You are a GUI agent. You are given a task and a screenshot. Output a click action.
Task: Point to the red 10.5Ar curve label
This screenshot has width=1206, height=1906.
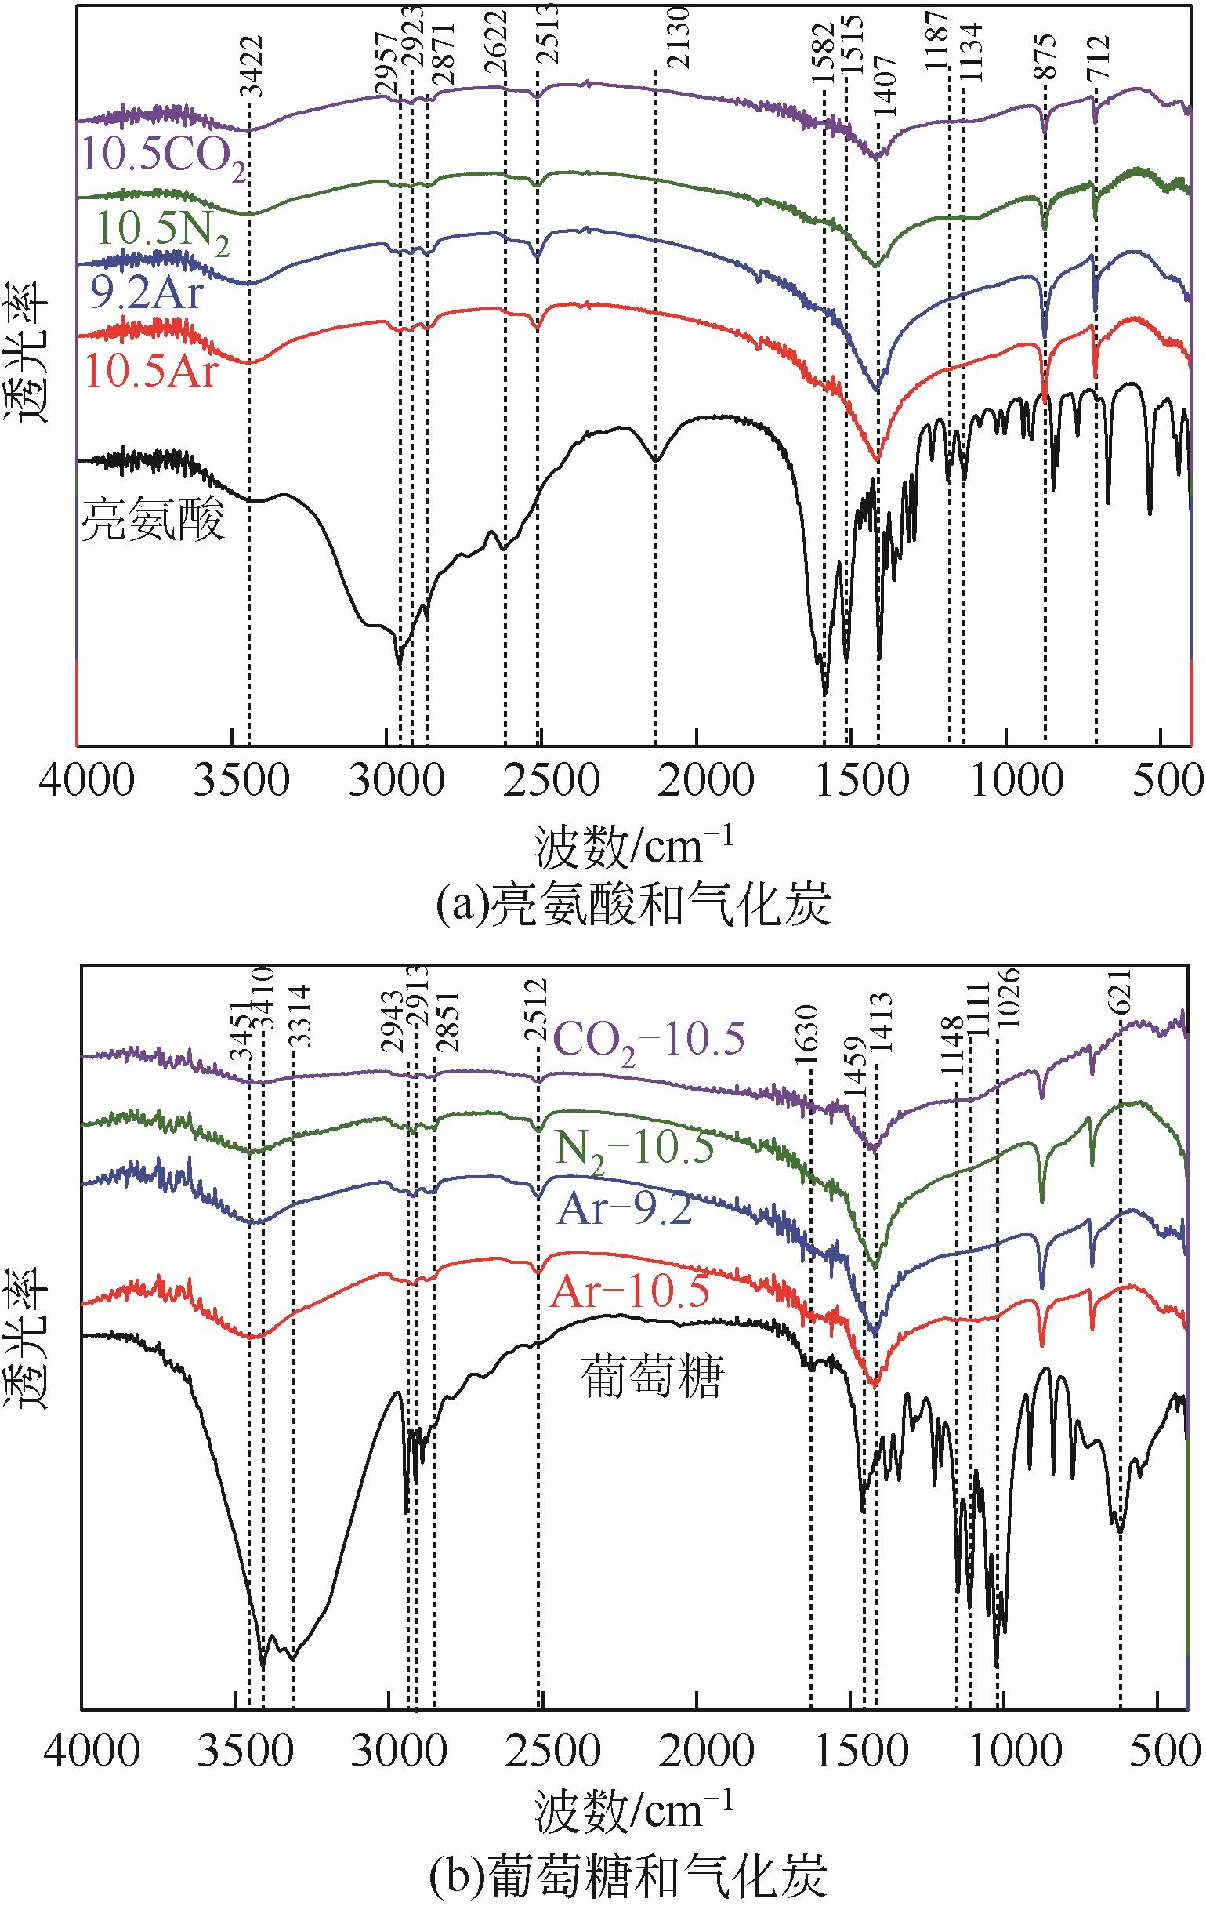150,370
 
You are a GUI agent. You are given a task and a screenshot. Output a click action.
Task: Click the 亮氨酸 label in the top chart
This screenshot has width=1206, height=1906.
154,521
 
